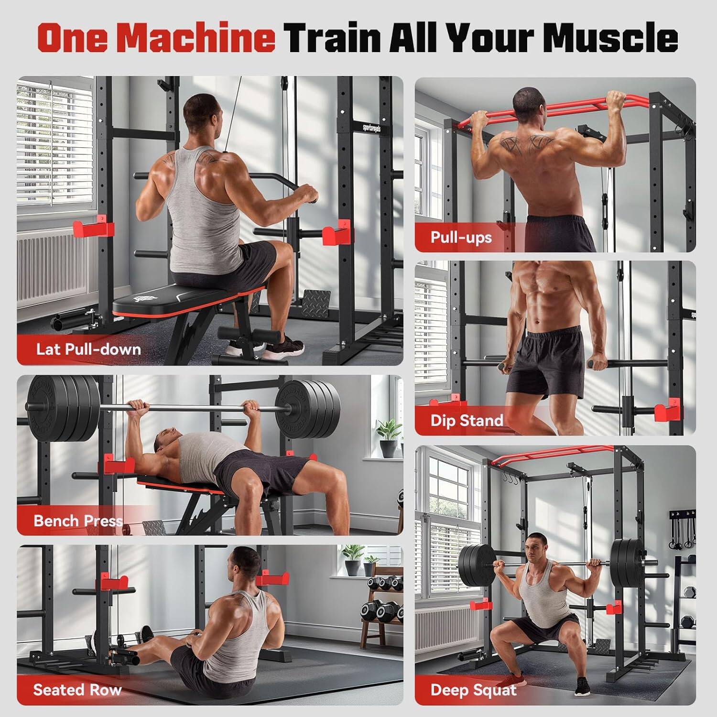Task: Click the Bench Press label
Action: click(78, 520)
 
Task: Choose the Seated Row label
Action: click(77, 689)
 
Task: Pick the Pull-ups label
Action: click(461, 237)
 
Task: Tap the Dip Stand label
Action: click(467, 420)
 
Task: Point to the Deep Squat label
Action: click(473, 689)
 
